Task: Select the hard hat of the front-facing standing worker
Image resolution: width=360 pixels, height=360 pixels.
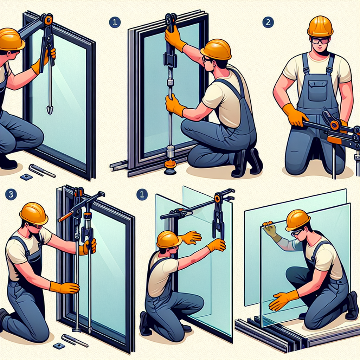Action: click(x=320, y=26)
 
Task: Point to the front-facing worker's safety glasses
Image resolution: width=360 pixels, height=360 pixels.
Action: click(x=320, y=40)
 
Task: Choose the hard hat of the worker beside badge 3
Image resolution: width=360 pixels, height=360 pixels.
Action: click(x=33, y=213)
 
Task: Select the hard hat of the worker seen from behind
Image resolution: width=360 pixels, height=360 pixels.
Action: click(x=169, y=239)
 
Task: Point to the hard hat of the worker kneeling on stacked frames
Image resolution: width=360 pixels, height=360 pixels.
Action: click(x=297, y=220)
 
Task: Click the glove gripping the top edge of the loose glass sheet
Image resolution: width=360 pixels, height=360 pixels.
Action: click(x=270, y=230)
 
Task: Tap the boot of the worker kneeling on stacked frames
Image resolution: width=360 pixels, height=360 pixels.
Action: click(x=352, y=306)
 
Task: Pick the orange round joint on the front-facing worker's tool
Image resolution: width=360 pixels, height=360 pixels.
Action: click(x=334, y=124)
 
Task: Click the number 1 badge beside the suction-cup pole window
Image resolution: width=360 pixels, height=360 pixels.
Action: click(x=114, y=22)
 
